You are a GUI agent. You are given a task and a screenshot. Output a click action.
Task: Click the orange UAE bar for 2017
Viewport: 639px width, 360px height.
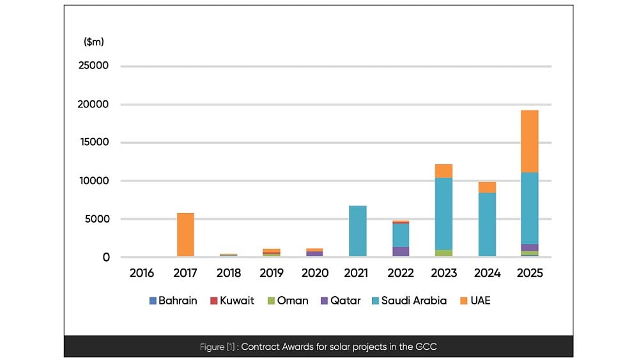pyautogui.click(x=185, y=235)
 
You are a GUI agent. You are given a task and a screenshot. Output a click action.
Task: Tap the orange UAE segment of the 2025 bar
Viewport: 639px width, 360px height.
pyautogui.click(x=530, y=141)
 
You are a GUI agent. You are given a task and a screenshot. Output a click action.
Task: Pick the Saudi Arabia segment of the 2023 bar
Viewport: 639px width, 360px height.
pyautogui.click(x=443, y=214)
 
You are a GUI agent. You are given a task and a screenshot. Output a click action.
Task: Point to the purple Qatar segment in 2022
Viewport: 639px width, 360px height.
pyautogui.click(x=401, y=251)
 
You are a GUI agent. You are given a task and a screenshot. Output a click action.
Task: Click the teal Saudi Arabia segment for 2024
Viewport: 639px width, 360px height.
pyautogui.click(x=487, y=224)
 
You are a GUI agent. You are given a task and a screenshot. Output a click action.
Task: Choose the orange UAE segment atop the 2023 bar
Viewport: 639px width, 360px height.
pyautogui.click(x=443, y=171)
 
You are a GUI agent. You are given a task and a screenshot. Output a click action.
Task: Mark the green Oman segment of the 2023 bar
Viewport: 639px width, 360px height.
pyautogui.click(x=443, y=253)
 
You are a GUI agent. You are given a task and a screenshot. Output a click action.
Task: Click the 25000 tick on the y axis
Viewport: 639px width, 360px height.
pyautogui.click(x=93, y=66)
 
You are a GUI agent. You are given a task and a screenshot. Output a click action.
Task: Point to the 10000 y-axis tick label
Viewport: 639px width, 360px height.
pyautogui.click(x=93, y=181)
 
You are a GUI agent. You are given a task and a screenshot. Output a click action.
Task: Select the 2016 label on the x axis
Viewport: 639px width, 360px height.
pyautogui.click(x=141, y=273)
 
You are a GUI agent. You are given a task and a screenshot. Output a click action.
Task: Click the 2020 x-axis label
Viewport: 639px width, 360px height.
pyautogui.click(x=314, y=273)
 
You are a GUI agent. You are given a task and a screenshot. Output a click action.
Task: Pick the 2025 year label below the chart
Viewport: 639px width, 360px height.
pyautogui.click(x=530, y=273)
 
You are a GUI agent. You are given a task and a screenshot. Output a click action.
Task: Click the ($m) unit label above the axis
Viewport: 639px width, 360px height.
pyautogui.click(x=94, y=42)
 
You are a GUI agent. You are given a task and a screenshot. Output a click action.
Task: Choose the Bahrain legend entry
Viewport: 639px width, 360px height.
pyautogui.click(x=174, y=301)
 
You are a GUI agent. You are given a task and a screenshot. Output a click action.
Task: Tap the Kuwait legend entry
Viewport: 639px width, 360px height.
pyautogui.click(x=232, y=301)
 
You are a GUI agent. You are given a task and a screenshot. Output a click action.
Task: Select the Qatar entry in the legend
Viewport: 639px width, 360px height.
pyautogui.click(x=341, y=301)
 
